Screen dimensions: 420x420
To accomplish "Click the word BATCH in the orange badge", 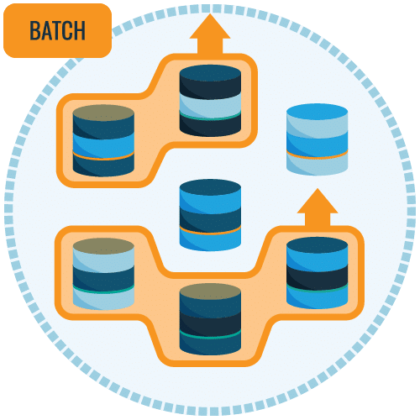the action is pos(57,30).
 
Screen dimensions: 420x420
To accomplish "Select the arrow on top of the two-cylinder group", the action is pos(210,34).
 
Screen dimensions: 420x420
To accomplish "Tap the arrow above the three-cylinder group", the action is pos(318,207).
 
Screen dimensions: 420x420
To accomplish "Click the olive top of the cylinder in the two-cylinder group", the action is pos(103,113).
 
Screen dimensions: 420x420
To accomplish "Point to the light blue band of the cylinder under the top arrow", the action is pos(210,104).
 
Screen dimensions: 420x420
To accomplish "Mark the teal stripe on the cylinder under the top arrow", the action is pos(210,117).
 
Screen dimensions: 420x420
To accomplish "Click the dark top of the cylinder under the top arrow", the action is pos(210,73).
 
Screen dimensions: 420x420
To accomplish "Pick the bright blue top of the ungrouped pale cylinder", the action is pos(318,112).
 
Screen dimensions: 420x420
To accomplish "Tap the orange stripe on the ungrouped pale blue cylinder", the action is pos(318,155).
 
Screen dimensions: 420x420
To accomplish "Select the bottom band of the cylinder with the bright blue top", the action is pos(318,165).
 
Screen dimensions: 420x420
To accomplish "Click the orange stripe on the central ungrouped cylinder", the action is pos(210,231).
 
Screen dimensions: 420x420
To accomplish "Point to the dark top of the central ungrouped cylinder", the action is pos(210,187).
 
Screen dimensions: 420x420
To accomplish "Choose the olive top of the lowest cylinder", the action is pos(210,291).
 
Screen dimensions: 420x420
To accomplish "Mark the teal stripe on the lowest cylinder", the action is pos(210,335).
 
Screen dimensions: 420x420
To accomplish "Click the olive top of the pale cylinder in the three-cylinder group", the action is pos(103,246).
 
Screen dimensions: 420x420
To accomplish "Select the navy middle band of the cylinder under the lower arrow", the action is pos(318,277).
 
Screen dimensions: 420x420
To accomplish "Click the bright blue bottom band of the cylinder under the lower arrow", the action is pos(318,298).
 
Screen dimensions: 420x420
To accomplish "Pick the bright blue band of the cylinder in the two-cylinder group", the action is pos(103,145).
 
